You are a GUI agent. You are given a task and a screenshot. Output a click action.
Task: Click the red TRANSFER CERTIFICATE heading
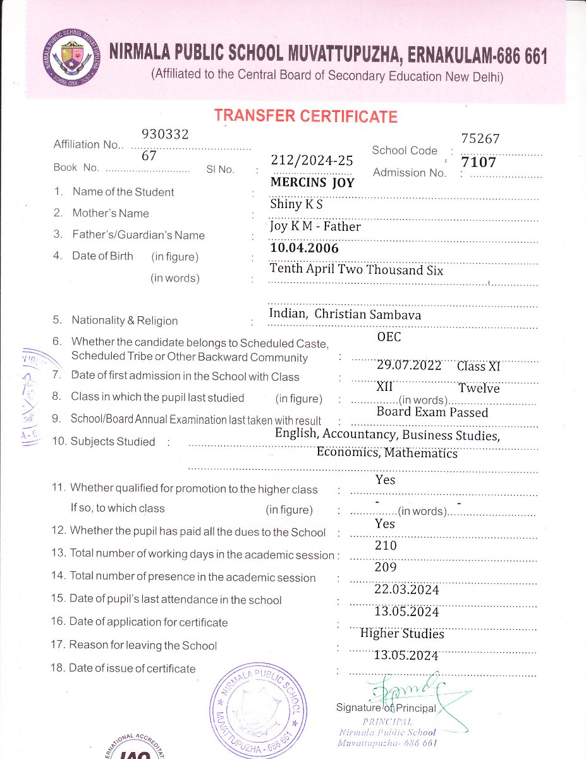[305, 116]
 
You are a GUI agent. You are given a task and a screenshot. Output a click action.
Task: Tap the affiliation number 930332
[166, 134]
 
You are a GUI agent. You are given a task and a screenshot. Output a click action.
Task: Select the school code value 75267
[480, 139]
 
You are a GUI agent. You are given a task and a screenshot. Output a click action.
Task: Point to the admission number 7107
[479, 163]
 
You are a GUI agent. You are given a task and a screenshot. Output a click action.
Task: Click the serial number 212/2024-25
[312, 161]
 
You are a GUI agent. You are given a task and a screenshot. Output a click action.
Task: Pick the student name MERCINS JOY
[312, 183]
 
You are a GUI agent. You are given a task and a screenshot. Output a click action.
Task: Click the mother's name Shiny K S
[297, 204]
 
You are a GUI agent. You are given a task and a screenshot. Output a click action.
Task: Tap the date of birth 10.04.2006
[304, 248]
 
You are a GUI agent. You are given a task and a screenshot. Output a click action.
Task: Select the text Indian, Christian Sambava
[345, 314]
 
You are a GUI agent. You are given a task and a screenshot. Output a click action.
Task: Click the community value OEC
[389, 337]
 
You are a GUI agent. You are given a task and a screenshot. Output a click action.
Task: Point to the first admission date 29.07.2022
[409, 365]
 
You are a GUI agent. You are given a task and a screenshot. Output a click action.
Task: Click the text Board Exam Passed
[432, 412]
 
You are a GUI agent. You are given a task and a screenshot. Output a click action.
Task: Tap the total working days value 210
[386, 545]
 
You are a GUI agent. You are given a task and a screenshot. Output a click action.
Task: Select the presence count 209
[386, 567]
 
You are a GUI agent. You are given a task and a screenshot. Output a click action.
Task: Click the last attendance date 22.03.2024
[406, 589]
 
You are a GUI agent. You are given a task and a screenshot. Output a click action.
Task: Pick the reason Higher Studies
[402, 633]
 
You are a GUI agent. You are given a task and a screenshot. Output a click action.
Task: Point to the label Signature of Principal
[386, 708]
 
